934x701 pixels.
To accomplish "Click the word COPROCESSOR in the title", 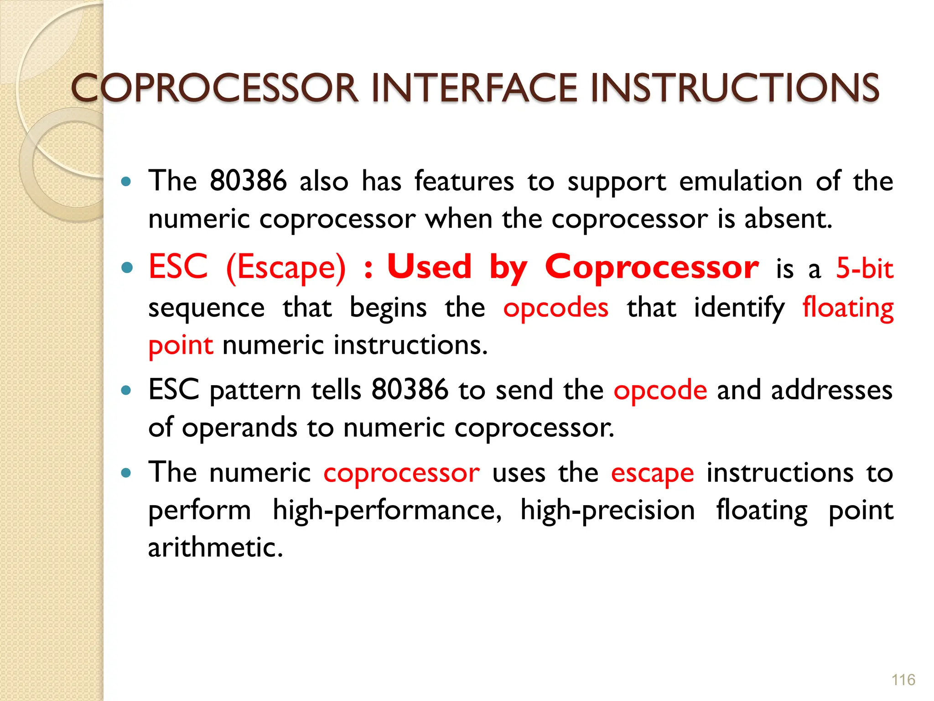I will (214, 88).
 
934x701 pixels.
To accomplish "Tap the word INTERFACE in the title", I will (474, 88).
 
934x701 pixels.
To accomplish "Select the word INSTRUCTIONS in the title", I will (734, 88).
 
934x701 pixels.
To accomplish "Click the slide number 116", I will (903, 680).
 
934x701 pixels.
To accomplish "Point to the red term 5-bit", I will (864, 268).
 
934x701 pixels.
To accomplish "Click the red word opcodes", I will (555, 308).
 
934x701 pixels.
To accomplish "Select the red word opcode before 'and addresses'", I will (660, 391).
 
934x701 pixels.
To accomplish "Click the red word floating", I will (848, 308).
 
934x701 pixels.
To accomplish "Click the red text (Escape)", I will (286, 267).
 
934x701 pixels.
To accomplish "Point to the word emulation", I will (741, 182).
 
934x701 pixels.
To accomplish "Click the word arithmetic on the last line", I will (215, 548).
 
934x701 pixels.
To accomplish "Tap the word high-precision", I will (607, 510).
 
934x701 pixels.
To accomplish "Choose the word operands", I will (239, 428).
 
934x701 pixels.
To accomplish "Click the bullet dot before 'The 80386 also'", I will (127, 182).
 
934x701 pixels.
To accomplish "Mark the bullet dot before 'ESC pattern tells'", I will (127, 391).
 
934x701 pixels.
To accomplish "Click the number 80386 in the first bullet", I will (248, 181).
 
